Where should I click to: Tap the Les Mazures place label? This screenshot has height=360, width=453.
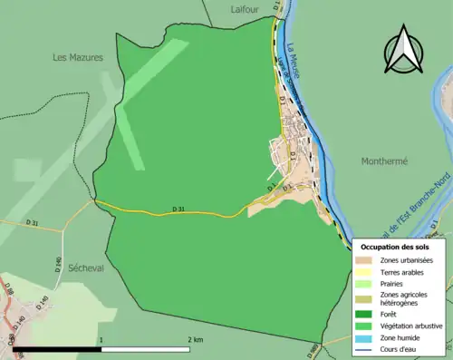coord(78,57)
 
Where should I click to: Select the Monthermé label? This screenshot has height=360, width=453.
coord(385,161)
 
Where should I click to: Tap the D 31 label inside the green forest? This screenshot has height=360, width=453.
coord(178,209)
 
